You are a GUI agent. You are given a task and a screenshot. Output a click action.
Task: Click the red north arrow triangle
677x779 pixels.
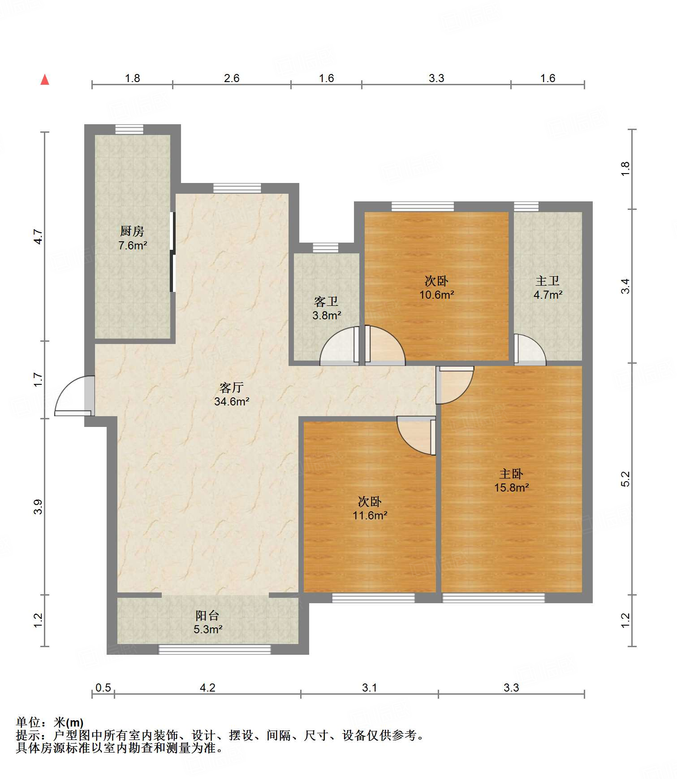click(45, 79)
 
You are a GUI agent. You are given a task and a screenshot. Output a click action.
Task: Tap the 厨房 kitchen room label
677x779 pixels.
click(132, 231)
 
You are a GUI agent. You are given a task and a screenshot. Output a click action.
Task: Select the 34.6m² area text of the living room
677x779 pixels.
click(232, 401)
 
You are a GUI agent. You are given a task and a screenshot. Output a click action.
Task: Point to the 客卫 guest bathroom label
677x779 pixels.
click(326, 301)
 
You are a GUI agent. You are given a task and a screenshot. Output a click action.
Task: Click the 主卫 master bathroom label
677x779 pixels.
click(548, 281)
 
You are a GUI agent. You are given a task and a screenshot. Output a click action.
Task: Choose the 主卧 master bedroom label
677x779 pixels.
click(511, 474)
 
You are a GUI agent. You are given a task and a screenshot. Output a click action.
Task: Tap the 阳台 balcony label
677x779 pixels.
click(207, 615)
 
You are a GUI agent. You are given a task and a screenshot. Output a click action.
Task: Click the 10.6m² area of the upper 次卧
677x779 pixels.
click(437, 295)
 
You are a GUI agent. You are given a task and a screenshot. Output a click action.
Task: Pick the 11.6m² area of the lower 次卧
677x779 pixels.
click(370, 515)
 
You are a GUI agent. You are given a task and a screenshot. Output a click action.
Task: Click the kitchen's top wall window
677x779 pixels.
click(129, 129)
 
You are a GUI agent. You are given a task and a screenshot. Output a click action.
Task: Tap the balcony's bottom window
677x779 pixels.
click(215, 649)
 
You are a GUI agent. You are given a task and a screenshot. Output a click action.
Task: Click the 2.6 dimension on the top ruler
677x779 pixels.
click(232, 78)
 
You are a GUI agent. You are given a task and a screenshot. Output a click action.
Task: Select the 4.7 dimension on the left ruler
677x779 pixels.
click(39, 236)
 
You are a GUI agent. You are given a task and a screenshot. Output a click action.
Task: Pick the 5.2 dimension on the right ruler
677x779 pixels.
click(625, 479)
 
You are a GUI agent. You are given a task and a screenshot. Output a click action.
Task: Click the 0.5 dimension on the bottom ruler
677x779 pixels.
click(103, 688)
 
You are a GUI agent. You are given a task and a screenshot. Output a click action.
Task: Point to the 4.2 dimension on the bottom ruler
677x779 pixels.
click(207, 688)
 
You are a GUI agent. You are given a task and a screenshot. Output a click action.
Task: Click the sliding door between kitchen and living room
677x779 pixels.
click(173, 252)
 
